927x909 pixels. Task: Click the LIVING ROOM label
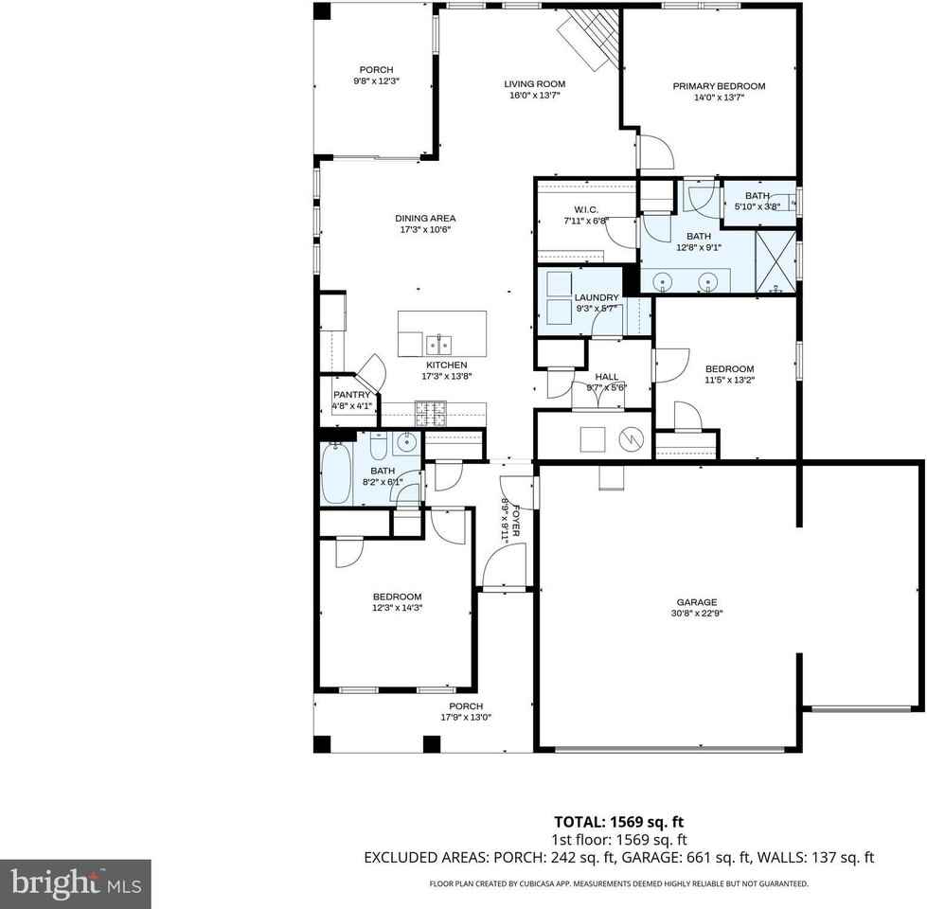tap(534, 84)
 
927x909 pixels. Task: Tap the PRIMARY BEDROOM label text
tap(719, 86)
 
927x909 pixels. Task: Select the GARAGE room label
tap(696, 602)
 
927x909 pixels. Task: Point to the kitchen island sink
tap(437, 343)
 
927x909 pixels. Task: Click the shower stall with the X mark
tap(775, 259)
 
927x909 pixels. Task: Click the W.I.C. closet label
tap(585, 209)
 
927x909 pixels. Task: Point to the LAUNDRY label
tap(596, 297)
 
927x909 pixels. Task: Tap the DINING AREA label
tap(425, 219)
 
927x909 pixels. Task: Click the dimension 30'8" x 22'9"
tap(696, 614)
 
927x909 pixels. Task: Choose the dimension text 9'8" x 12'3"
tap(375, 81)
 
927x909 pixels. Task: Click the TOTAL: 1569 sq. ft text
tap(619, 822)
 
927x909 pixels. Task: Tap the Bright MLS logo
tap(75, 884)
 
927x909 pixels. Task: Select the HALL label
tap(606, 376)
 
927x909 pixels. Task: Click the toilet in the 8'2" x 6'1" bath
tap(376, 446)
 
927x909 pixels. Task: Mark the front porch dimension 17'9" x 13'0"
tap(466, 718)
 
